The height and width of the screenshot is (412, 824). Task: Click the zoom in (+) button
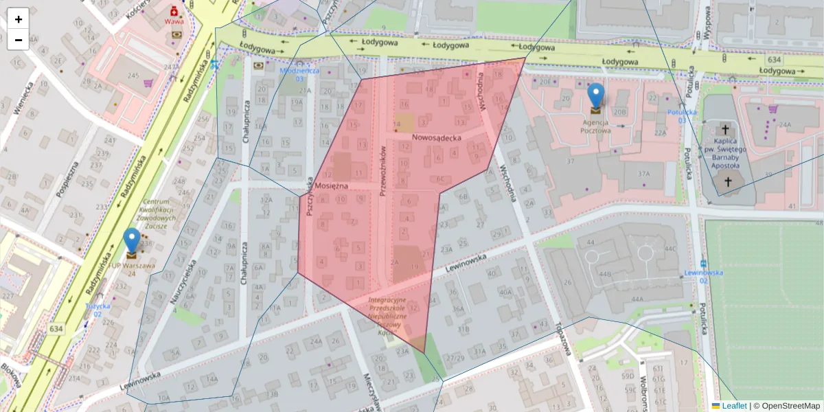19,19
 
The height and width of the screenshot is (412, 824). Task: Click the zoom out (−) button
19,40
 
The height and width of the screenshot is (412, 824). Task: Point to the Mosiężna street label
332,186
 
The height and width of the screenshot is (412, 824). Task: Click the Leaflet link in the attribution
734,406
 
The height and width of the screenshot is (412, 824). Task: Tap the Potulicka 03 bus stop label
682,115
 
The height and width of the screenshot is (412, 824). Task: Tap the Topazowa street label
565,339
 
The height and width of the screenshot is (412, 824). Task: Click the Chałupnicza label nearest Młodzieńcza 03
246,121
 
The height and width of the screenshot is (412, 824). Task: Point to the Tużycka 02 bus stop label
98,310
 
